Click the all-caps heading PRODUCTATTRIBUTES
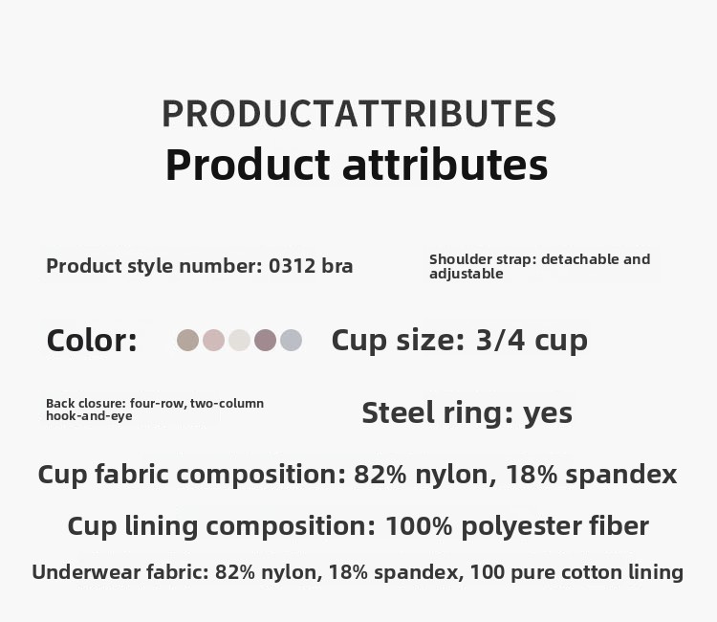(358, 114)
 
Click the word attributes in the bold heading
(445, 165)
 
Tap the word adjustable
(466, 274)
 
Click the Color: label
(92, 341)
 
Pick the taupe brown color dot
(188, 340)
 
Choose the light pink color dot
(213, 340)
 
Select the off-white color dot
(240, 340)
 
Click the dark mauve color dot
(265, 340)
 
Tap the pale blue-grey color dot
(292, 340)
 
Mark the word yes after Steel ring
(548, 413)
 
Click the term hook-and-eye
(89, 415)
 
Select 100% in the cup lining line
(419, 526)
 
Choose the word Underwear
(86, 572)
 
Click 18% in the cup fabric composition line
(532, 475)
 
